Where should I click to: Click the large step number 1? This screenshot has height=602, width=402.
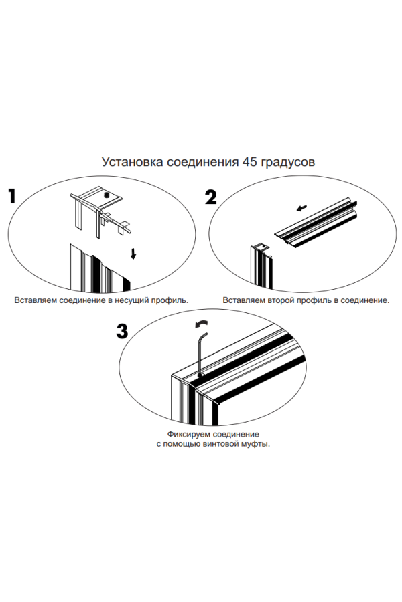pyautogui.click(x=13, y=196)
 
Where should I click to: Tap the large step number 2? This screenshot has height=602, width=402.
pyautogui.click(x=211, y=197)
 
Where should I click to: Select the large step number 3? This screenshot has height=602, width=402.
pyautogui.click(x=122, y=331)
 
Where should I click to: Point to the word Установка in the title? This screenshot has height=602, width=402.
pyautogui.click(x=133, y=162)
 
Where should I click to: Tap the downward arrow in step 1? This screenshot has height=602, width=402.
pyautogui.click(x=133, y=254)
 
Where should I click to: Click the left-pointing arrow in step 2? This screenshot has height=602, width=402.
pyautogui.click(x=301, y=208)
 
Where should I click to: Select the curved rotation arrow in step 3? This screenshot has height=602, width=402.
pyautogui.click(x=202, y=324)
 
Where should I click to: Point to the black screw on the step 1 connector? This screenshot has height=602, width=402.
pyautogui.click(x=107, y=195)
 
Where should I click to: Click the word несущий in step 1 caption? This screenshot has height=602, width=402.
pyautogui.click(x=133, y=300)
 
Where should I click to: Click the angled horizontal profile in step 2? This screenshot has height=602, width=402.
pyautogui.click(x=316, y=224)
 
